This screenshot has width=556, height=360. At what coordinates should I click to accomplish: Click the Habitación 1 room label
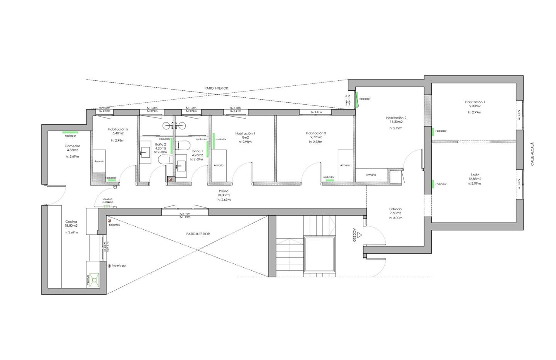point(475,102)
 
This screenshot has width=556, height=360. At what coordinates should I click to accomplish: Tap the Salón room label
point(475,175)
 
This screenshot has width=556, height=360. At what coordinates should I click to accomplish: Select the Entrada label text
point(395,209)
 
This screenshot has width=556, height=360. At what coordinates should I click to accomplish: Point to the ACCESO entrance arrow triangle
point(359,234)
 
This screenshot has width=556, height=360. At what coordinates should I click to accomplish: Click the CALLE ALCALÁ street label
point(532,154)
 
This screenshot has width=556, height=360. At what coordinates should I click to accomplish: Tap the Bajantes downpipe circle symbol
point(109,221)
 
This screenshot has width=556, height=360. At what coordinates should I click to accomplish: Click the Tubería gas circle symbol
point(109,266)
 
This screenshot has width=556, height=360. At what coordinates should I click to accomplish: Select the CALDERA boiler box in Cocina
point(93,280)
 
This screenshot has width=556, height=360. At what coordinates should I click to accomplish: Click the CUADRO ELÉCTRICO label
point(108,201)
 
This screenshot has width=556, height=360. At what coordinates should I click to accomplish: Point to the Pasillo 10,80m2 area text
point(224,195)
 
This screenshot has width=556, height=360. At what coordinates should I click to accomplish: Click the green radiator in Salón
point(432,184)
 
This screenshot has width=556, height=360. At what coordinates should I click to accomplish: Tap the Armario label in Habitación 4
point(219,165)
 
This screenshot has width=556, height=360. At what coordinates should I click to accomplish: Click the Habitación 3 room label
point(316,133)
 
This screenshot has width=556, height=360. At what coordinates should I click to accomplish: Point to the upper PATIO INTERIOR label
point(216,88)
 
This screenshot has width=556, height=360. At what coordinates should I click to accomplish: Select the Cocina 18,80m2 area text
point(71,226)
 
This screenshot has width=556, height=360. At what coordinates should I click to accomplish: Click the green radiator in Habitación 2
point(432,131)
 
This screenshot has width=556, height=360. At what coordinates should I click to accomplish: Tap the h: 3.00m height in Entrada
point(395,218)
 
